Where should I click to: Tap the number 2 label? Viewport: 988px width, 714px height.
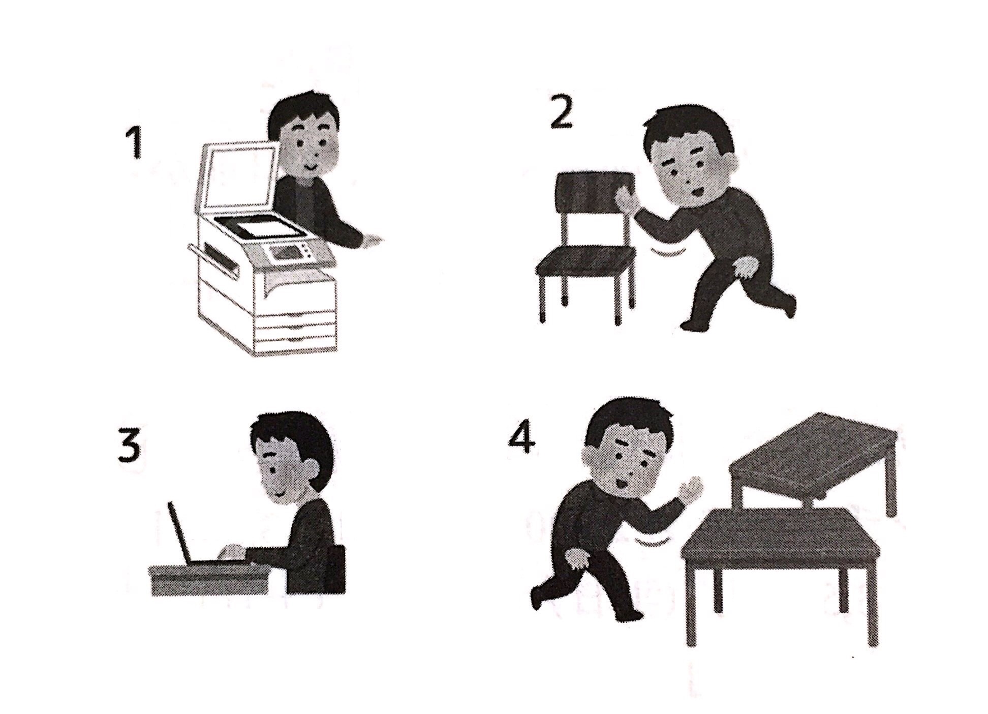561,111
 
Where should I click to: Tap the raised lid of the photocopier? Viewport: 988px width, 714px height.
238,178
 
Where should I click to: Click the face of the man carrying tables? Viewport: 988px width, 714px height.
628,463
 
